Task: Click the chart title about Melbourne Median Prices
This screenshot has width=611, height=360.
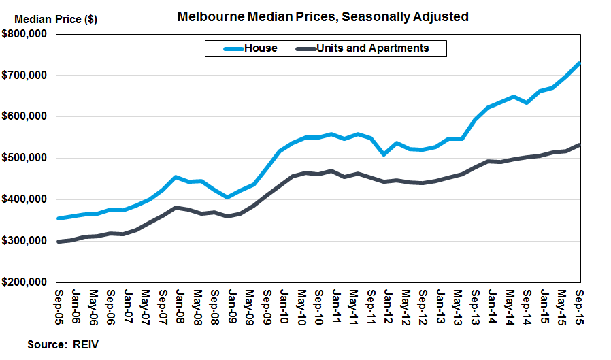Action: pos(323,16)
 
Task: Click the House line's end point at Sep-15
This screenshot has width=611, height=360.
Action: pos(579,63)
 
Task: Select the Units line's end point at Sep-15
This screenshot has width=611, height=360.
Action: pos(579,144)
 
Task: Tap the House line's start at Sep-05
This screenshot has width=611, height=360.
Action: pos(59,218)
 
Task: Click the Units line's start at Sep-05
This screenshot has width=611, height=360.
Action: pos(59,242)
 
